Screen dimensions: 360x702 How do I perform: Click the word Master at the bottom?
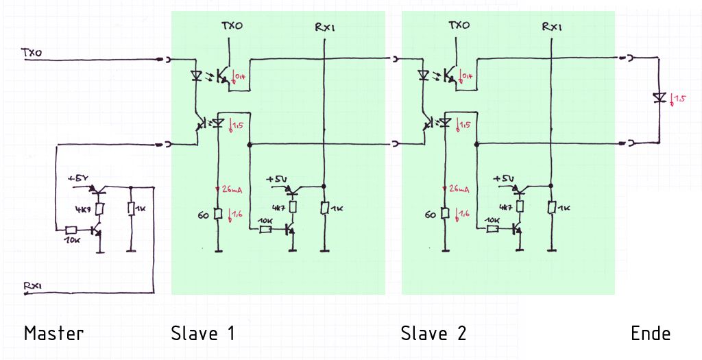53,333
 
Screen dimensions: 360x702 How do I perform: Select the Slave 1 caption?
203,333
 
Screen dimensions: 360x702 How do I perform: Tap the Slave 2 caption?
433,333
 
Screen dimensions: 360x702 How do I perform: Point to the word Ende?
651,333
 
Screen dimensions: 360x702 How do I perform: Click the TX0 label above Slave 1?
231,25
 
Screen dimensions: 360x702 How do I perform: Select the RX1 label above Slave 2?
552,27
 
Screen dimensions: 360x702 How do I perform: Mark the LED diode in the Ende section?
659,97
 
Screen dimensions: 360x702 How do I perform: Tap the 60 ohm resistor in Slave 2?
444,214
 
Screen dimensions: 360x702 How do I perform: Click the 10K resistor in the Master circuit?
71,231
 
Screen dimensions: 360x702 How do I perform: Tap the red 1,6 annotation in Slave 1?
236,214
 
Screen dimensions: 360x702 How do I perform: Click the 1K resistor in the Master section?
131,208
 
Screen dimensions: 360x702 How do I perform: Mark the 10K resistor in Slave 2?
492,229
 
